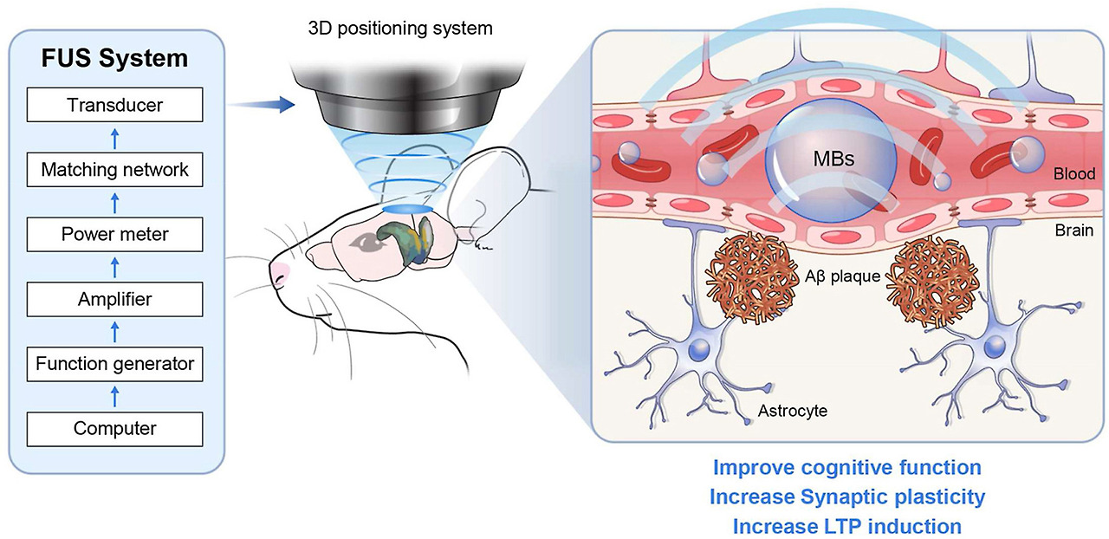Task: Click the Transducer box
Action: coord(115,107)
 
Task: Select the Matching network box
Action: coord(115,170)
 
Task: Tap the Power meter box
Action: coord(115,234)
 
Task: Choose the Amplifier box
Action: coord(115,300)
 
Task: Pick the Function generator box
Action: coord(115,364)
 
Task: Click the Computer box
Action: coord(115,428)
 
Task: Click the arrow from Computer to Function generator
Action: coord(115,397)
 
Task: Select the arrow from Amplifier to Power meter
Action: coord(115,267)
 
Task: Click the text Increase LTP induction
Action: coord(846,526)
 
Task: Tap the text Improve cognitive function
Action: coord(846,468)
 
